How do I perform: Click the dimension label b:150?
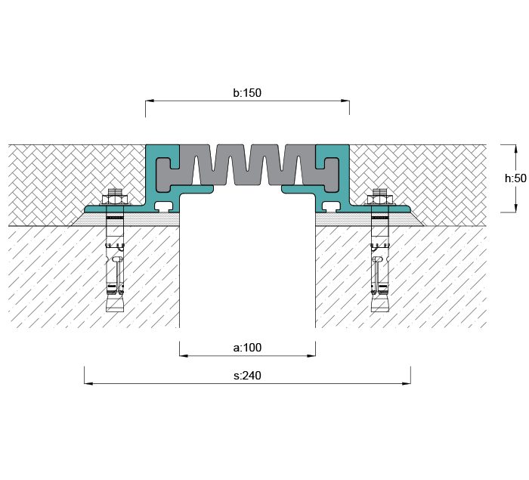247,93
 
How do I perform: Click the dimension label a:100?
247,348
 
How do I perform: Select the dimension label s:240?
247,376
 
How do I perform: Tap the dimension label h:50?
515,178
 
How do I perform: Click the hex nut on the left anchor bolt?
115,200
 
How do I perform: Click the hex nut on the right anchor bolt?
380,200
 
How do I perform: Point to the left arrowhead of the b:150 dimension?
150,101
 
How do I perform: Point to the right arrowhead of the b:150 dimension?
345,101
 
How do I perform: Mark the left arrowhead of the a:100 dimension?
184,355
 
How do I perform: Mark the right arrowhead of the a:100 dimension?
311,355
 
